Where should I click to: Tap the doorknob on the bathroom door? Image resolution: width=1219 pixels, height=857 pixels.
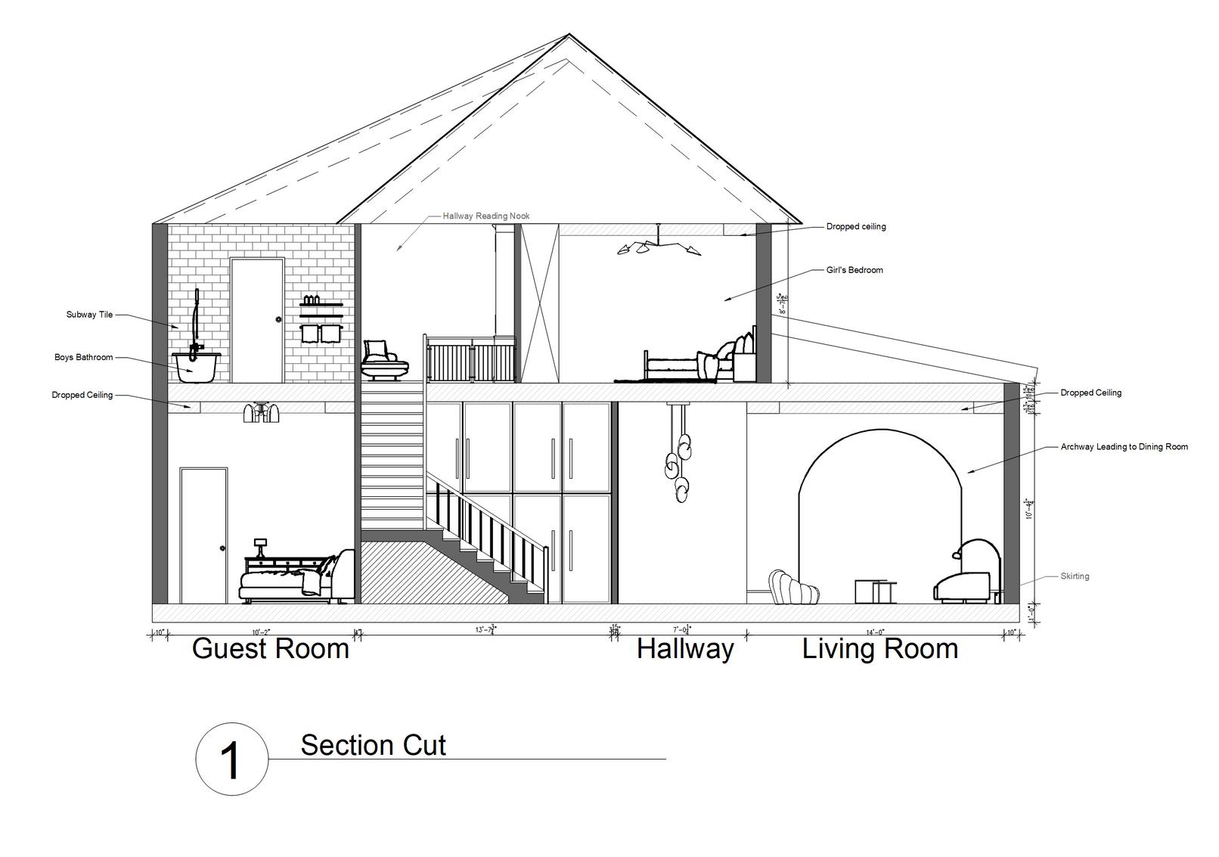pos(278,320)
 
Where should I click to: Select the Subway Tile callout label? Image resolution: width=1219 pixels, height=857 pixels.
pos(89,315)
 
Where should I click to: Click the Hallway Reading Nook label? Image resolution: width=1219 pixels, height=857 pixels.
pos(486,216)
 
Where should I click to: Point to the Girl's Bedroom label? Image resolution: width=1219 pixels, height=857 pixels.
pos(855,270)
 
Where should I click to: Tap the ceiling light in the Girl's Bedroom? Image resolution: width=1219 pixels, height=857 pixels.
pos(658,244)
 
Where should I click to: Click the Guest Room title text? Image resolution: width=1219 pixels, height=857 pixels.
pos(271,649)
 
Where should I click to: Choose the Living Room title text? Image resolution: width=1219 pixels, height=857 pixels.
pos(880,649)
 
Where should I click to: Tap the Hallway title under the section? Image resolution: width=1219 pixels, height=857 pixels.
pos(685,649)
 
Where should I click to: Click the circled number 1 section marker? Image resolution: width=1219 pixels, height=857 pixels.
pos(231,759)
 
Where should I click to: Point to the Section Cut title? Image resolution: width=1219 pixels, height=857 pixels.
pos(374,745)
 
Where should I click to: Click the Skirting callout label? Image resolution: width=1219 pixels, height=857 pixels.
pos(1075,576)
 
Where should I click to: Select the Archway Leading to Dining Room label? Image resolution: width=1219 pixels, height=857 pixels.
pos(1124,447)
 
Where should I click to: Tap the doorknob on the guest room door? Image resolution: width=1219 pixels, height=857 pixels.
pos(222,548)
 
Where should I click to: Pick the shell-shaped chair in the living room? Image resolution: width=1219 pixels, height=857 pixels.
pos(793,588)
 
